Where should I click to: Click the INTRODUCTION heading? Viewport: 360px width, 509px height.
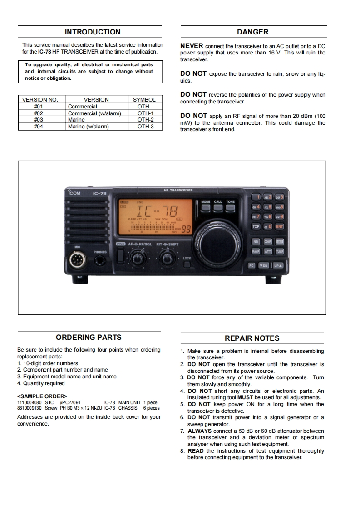[93, 32]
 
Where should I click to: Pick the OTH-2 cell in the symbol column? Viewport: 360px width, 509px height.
[146, 120]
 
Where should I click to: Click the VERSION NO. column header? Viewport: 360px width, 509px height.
[40, 100]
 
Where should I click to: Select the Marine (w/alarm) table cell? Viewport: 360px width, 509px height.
[89, 127]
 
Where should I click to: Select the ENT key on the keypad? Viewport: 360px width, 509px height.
[279, 226]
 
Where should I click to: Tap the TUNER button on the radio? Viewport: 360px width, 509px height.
[280, 251]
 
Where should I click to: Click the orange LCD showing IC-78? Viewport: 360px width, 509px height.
[154, 216]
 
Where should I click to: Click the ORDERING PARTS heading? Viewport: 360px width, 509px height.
[89, 338]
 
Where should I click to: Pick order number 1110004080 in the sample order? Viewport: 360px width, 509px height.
[29, 402]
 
